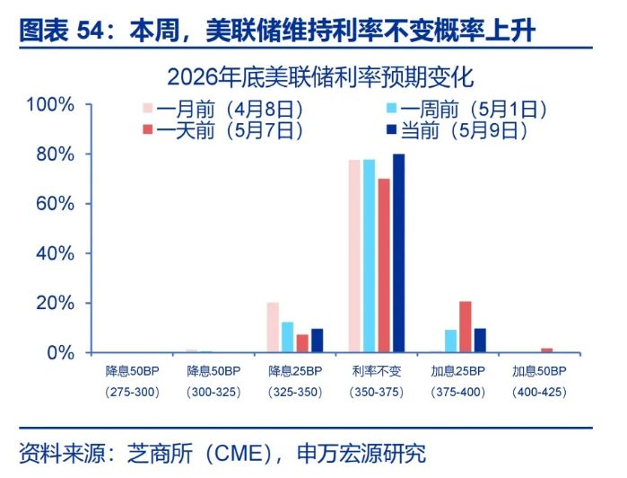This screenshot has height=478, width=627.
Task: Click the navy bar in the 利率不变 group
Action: tap(398, 253)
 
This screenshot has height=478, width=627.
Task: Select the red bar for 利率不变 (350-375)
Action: tap(384, 266)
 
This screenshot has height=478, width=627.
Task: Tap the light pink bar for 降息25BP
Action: tap(273, 328)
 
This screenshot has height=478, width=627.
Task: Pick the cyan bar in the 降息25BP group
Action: tap(288, 337)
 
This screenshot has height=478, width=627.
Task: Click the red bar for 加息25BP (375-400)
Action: tap(466, 327)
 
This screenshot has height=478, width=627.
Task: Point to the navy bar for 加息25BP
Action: tap(480, 341)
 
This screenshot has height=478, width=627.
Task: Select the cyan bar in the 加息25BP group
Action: tap(450, 341)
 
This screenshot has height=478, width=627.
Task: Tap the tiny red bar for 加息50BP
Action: tap(547, 350)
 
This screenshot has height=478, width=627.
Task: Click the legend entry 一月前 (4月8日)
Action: tap(223, 109)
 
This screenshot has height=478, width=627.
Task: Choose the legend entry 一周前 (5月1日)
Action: tap(466, 109)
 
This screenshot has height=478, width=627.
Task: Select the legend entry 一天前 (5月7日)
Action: tap(223, 130)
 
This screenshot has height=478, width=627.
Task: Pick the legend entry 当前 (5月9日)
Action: tap(457, 130)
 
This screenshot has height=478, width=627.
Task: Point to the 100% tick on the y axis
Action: tap(50, 105)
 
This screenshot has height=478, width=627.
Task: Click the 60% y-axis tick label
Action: tap(56, 204)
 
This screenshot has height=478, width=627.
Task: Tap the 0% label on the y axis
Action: tap(60, 353)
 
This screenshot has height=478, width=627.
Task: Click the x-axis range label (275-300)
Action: tap(133, 392)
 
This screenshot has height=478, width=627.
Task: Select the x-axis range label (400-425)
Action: tap(539, 392)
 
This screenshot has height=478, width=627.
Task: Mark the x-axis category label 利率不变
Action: tap(376, 371)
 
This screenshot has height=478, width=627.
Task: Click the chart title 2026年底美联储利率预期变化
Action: tap(320, 77)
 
